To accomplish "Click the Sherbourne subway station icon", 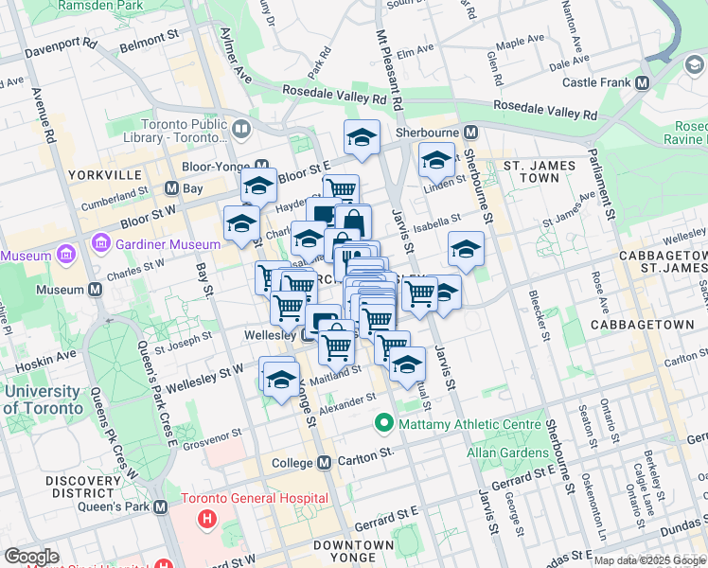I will pyautogui.click(x=469, y=133).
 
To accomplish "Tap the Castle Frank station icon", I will pyautogui.click(x=643, y=82).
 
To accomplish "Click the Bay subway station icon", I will pyautogui.click(x=171, y=189).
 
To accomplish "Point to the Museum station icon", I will pyautogui.click(x=95, y=290).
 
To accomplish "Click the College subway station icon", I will pyautogui.click(x=325, y=463).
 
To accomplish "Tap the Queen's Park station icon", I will pyautogui.click(x=160, y=507).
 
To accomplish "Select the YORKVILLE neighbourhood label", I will pyautogui.click(x=103, y=175).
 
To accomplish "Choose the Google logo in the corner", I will pyautogui.click(x=31, y=557).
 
